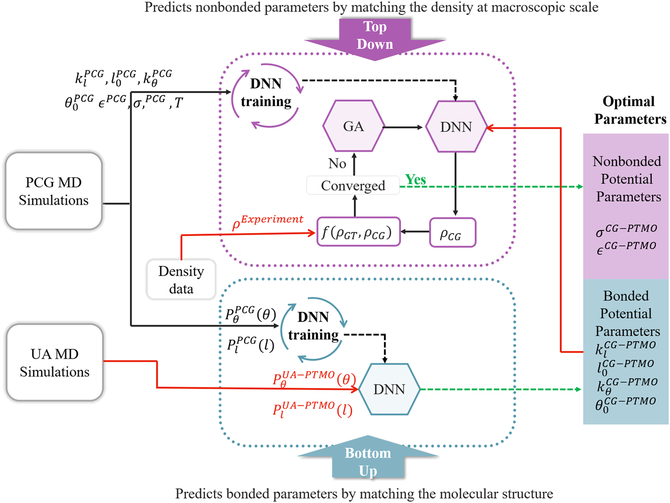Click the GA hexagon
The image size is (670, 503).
point(353,126)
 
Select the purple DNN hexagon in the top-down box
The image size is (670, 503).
point(456,127)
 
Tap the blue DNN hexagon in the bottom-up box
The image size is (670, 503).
point(389,389)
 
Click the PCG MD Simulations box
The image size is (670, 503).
point(54,191)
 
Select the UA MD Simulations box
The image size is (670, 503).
point(55,363)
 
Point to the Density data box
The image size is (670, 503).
point(181,280)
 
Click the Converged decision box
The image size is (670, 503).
point(353,186)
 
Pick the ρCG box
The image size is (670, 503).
point(452,233)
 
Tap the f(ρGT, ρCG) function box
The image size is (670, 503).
point(358,232)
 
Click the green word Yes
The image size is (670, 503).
point(415,179)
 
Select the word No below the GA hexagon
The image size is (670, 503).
point(337,163)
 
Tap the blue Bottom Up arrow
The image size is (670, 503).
point(368,460)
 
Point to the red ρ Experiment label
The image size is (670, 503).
point(268,222)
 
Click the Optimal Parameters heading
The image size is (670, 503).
point(629,110)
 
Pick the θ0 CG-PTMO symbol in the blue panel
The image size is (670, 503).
point(625,404)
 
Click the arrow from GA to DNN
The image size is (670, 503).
point(403,127)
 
